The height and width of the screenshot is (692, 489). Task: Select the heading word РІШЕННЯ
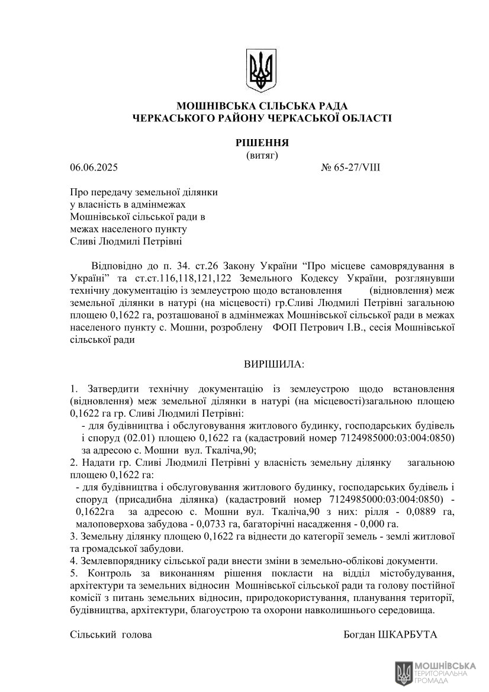[x=261, y=143]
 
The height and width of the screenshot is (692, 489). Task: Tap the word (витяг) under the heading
[x=261, y=155]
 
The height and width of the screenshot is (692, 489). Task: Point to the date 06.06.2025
[x=94, y=168]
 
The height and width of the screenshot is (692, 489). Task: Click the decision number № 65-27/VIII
[x=350, y=168]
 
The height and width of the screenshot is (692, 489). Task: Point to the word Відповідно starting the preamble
[x=117, y=266]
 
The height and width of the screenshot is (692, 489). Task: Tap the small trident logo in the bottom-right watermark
[x=404, y=673]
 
